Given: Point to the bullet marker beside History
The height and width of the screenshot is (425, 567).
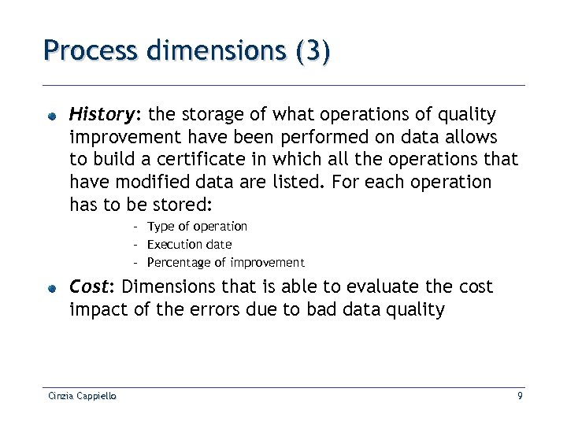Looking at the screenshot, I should click(50, 116).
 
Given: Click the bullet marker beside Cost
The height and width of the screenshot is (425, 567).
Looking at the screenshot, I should click(50, 288).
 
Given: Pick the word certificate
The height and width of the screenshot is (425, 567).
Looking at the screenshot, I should click(179, 160).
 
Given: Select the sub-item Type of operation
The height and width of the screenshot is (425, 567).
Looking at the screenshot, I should click(197, 227).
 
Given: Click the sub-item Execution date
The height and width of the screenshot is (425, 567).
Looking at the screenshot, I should click(189, 245).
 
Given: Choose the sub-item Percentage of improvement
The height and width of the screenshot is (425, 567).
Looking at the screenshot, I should click(225, 263).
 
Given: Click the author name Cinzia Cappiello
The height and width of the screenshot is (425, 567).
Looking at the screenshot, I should click(80, 397).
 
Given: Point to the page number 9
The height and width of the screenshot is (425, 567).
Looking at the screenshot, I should click(520, 397).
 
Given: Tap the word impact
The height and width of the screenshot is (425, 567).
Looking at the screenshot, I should click(94, 309).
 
